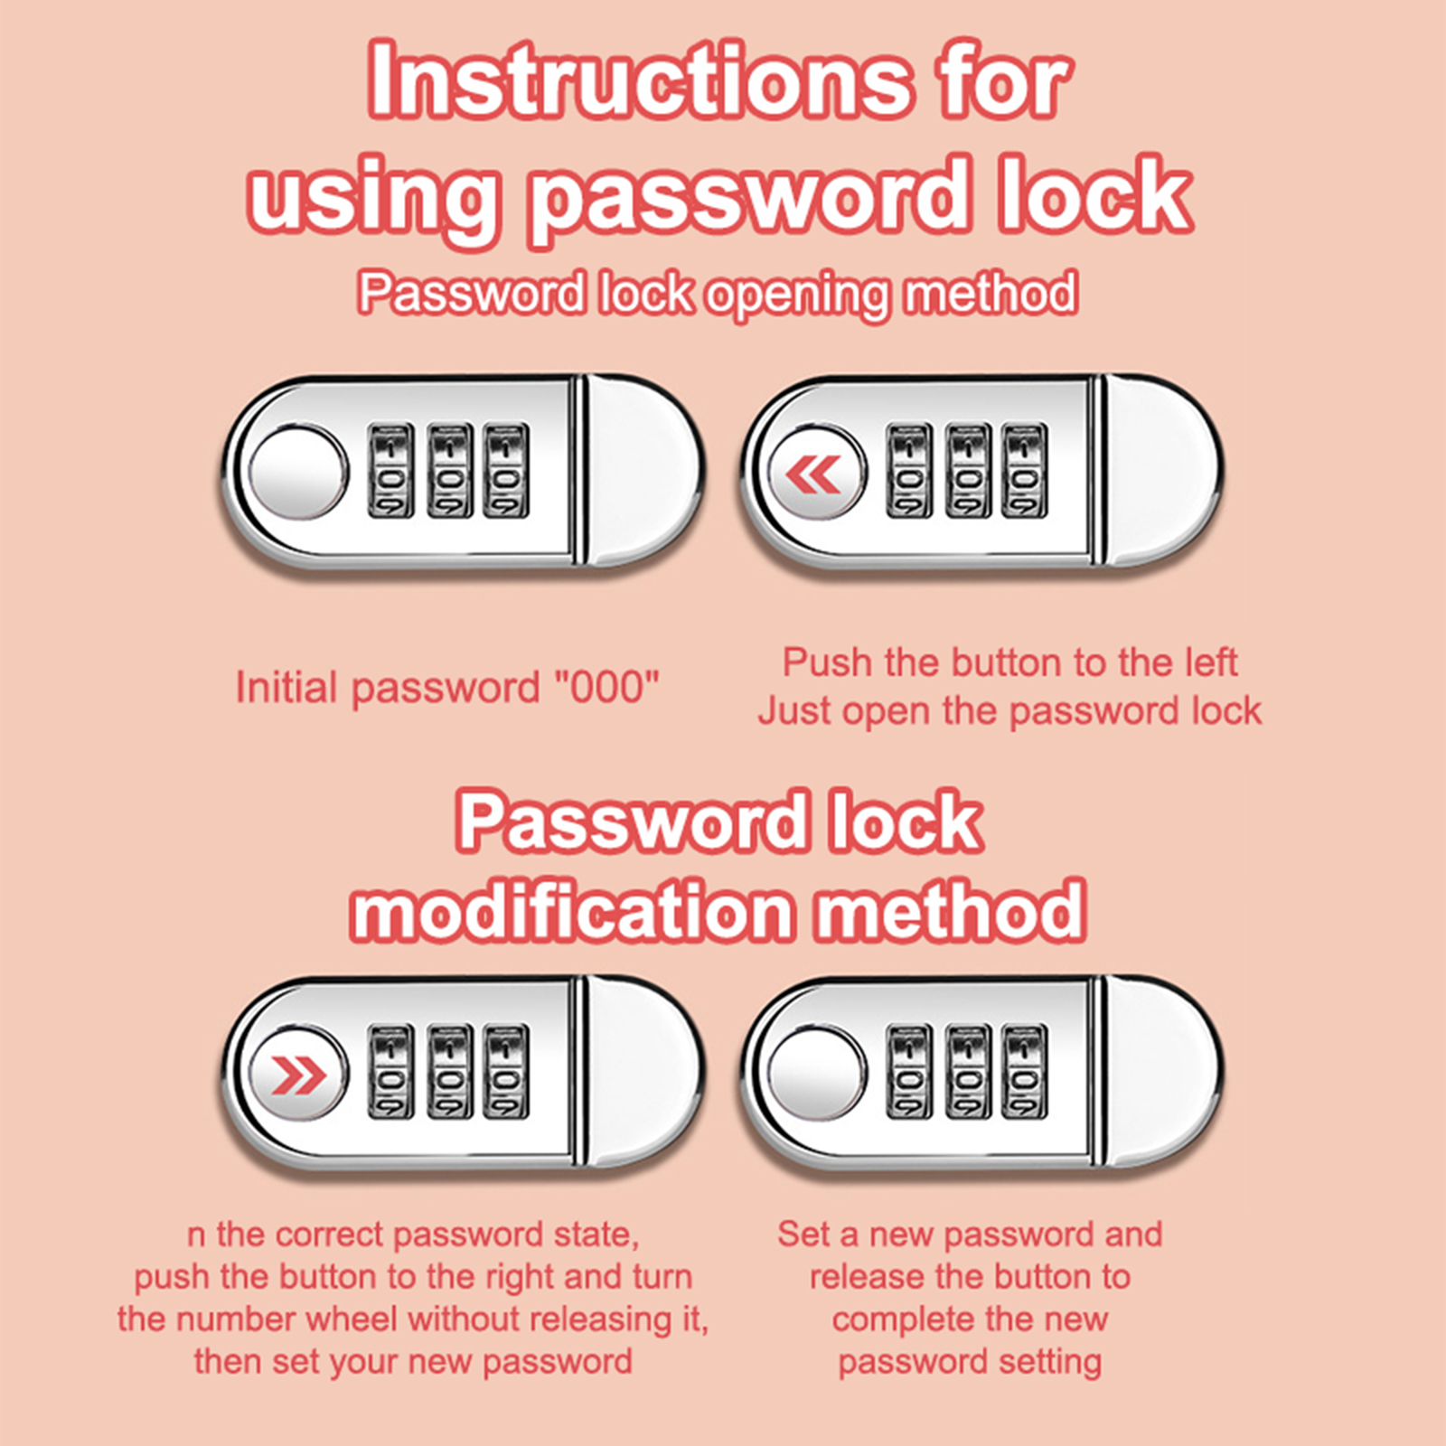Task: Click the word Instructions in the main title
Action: pos(638,81)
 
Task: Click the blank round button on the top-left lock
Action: pos(297,473)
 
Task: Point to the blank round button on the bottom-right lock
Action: pos(817,1074)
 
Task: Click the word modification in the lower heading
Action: pos(571,911)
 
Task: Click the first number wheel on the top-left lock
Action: pos(390,471)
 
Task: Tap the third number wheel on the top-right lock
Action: pos(1025,471)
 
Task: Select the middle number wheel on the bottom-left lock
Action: pos(449,1072)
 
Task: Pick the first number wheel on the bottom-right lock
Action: pos(909,1072)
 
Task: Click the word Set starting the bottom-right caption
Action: pos(803,1235)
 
